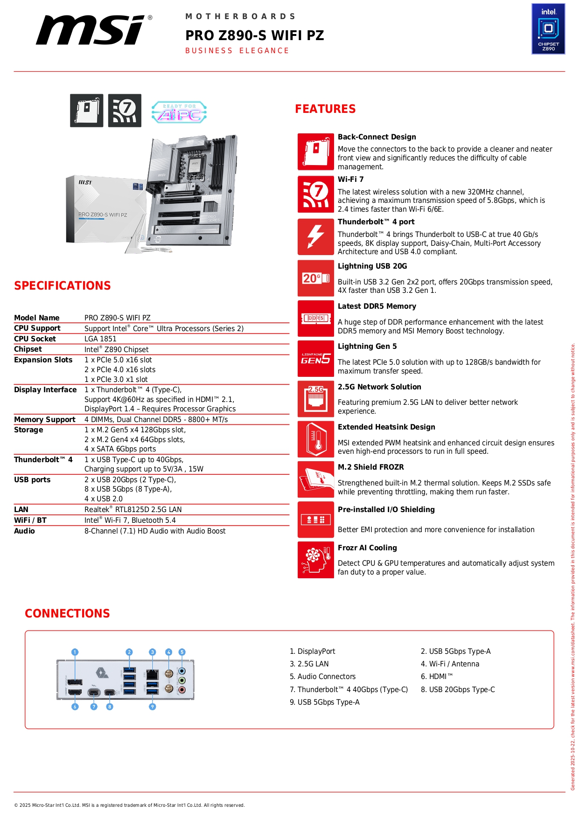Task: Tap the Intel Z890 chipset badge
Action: [548, 29]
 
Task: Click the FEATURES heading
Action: [325, 109]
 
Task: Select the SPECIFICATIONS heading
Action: [63, 286]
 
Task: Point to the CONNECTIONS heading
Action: [68, 614]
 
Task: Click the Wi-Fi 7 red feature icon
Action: [316, 194]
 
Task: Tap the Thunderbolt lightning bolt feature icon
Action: [316, 236]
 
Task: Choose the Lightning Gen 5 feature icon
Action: [316, 359]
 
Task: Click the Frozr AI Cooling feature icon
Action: [316, 560]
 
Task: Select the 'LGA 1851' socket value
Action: [100, 339]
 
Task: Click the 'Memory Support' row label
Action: [45, 420]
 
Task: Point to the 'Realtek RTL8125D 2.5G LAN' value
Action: [133, 510]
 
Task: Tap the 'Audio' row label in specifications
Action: [24, 531]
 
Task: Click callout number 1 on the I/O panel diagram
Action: [75, 652]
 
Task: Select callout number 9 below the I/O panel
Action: [152, 707]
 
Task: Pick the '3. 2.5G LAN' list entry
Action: [309, 664]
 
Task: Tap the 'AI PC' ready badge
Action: [179, 112]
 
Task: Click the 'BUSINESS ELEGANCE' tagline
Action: [237, 51]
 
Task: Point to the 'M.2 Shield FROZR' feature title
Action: [371, 467]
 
